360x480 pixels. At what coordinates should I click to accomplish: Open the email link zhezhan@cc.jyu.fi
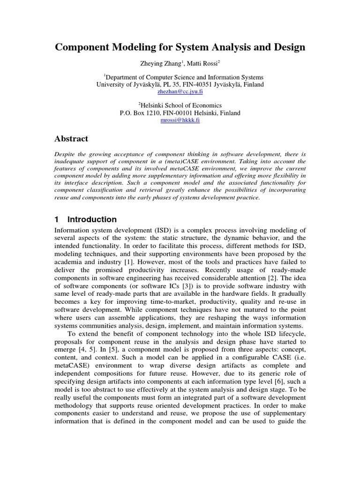[x=180, y=92]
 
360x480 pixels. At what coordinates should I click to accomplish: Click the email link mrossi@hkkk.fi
[x=180, y=120]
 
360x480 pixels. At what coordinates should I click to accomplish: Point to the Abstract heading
[x=72, y=139]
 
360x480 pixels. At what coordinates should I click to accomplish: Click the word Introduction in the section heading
[x=92, y=219]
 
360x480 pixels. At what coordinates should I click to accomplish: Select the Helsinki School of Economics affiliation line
[x=180, y=105]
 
